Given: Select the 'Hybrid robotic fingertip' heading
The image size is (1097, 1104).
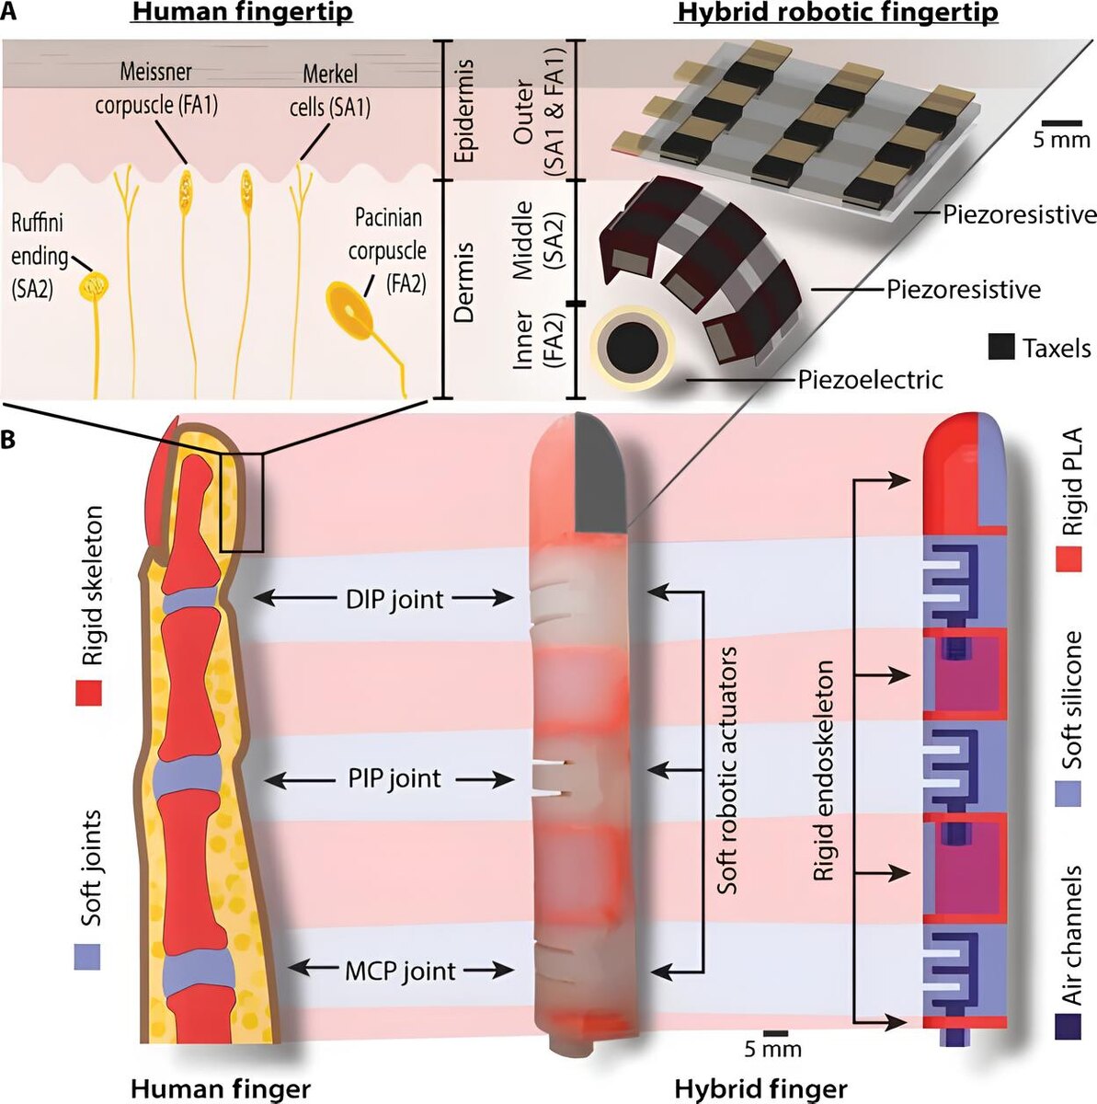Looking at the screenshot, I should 836,14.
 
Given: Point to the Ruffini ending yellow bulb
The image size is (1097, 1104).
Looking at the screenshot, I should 92,286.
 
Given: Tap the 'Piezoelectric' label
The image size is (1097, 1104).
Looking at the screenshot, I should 870,379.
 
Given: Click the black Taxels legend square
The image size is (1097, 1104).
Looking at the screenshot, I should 1000,348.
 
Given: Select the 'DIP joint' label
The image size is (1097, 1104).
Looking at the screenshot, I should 395,599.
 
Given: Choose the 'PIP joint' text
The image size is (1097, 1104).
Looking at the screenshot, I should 394,779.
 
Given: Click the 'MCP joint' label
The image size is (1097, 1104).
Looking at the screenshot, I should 400,970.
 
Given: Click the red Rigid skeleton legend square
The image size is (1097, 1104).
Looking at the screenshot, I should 87,693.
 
